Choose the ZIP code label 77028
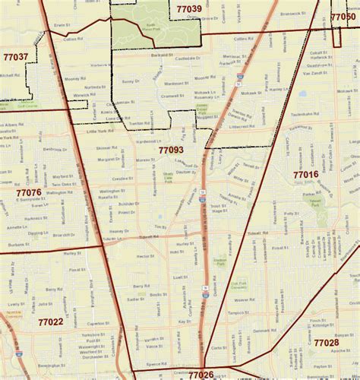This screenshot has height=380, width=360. pos(326,343)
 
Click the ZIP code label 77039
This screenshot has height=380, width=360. pos(188,9)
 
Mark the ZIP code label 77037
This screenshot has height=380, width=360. pos(15,57)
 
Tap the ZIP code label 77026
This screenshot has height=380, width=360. pos(201,374)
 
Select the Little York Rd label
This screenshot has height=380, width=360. pos(96,131)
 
